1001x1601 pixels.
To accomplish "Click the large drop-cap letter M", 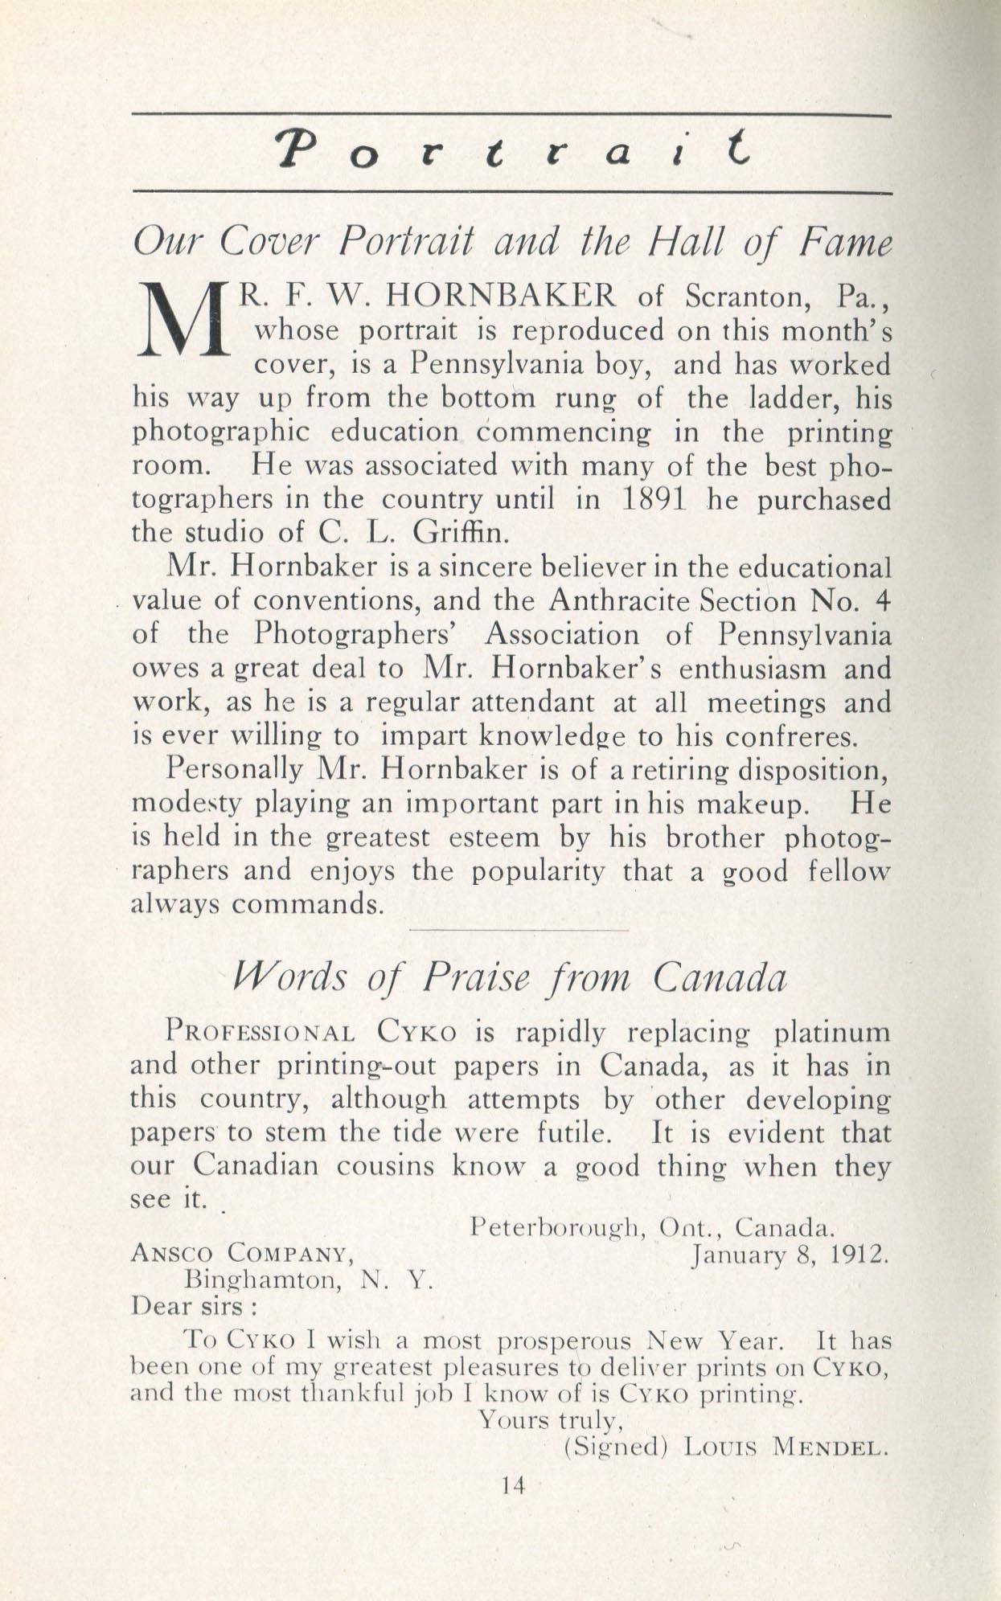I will [182, 321].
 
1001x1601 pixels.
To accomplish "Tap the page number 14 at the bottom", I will [512, 1486].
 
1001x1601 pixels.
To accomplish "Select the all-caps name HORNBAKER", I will [501, 297].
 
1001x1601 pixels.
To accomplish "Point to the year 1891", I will [654, 500].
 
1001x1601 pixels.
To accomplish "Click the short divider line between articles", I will [519, 930].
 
